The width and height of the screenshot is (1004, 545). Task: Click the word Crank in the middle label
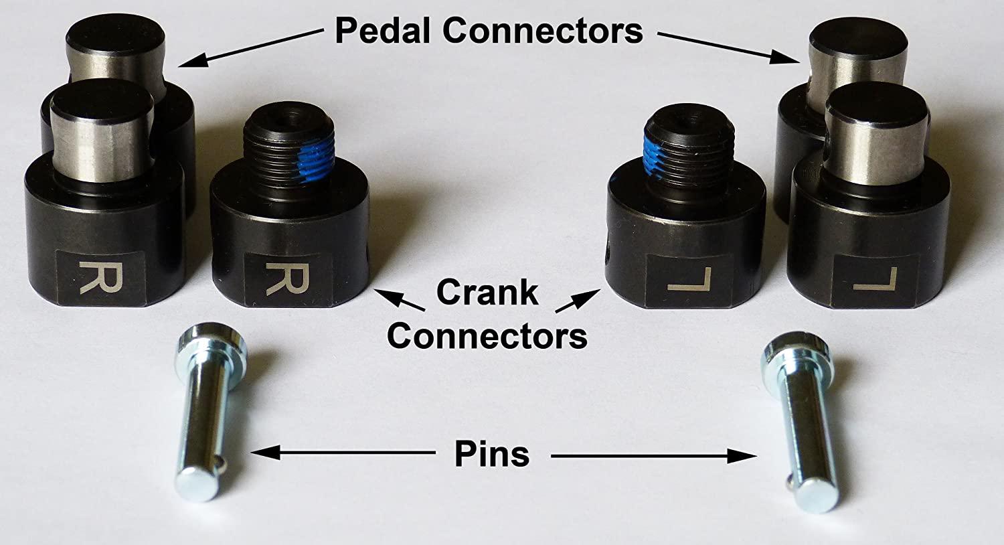coord(487,293)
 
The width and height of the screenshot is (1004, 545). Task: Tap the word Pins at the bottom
coord(491,455)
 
